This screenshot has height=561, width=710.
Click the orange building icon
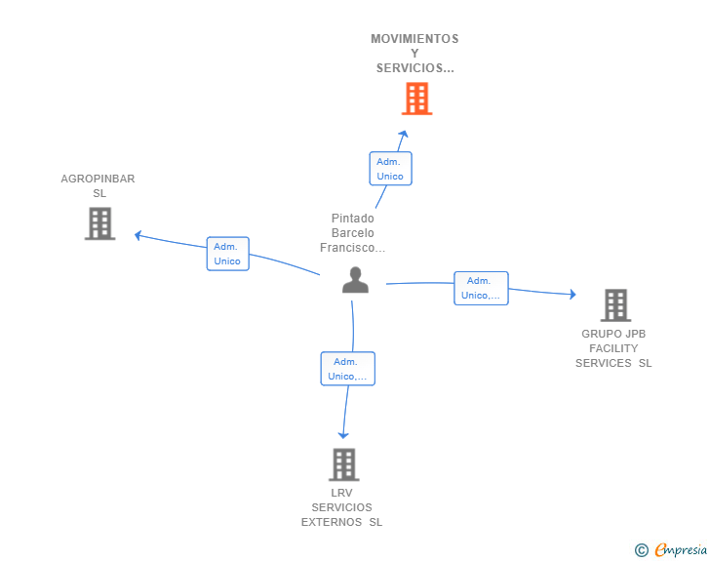click(416, 99)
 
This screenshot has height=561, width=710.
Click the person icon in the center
click(355, 280)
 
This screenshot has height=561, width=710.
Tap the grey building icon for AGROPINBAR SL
click(99, 223)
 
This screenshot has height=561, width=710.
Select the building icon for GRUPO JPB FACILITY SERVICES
click(615, 305)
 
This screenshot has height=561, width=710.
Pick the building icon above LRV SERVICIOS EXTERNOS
click(343, 464)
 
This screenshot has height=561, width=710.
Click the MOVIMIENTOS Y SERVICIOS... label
click(414, 54)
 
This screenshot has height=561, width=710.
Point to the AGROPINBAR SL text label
click(99, 185)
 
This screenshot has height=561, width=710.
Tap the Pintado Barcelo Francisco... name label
click(353, 233)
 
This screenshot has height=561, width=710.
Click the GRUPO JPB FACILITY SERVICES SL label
click(613, 348)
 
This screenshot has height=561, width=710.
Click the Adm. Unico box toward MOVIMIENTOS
click(390, 169)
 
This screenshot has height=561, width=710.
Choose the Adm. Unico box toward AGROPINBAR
click(227, 254)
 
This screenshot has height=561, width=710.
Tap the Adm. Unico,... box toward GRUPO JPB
click(481, 288)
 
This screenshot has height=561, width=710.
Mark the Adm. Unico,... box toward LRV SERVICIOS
click(348, 369)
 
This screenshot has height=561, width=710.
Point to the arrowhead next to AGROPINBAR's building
click(138, 234)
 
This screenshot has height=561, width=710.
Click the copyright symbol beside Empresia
click(641, 550)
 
